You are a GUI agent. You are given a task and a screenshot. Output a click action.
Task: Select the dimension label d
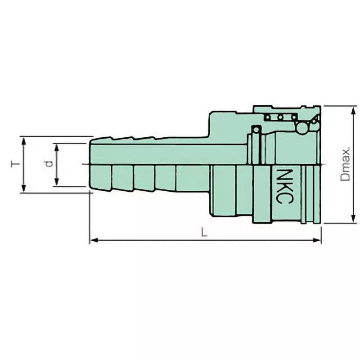[x=48, y=164]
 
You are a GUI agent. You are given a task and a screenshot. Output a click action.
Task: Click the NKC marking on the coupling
[x=282, y=186]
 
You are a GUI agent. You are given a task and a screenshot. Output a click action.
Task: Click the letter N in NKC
[x=282, y=174]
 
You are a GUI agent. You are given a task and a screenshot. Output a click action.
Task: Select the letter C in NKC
[x=282, y=198]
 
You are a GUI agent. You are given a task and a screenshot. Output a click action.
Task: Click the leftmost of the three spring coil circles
[x=269, y=118]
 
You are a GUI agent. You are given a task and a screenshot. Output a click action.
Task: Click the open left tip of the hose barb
[x=90, y=164]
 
